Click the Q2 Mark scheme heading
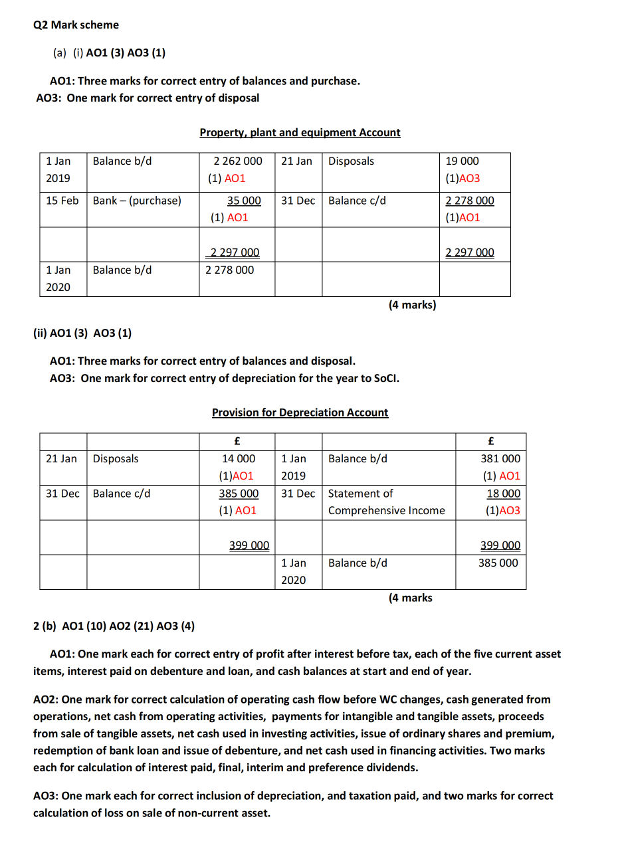click(76, 25)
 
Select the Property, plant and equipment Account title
click(300, 132)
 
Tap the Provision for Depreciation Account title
click(300, 412)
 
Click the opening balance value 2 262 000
click(238, 161)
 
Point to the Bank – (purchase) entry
click(137, 200)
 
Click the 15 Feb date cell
click(62, 200)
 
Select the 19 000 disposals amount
click(462, 161)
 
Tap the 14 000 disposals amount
click(239, 458)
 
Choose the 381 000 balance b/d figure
click(500, 458)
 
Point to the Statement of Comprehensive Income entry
click(386, 502)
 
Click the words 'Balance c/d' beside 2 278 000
click(357, 200)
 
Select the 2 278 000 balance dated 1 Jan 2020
click(230, 270)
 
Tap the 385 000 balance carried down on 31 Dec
click(239, 493)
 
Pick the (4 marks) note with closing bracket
click(412, 304)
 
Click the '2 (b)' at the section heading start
click(45, 625)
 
